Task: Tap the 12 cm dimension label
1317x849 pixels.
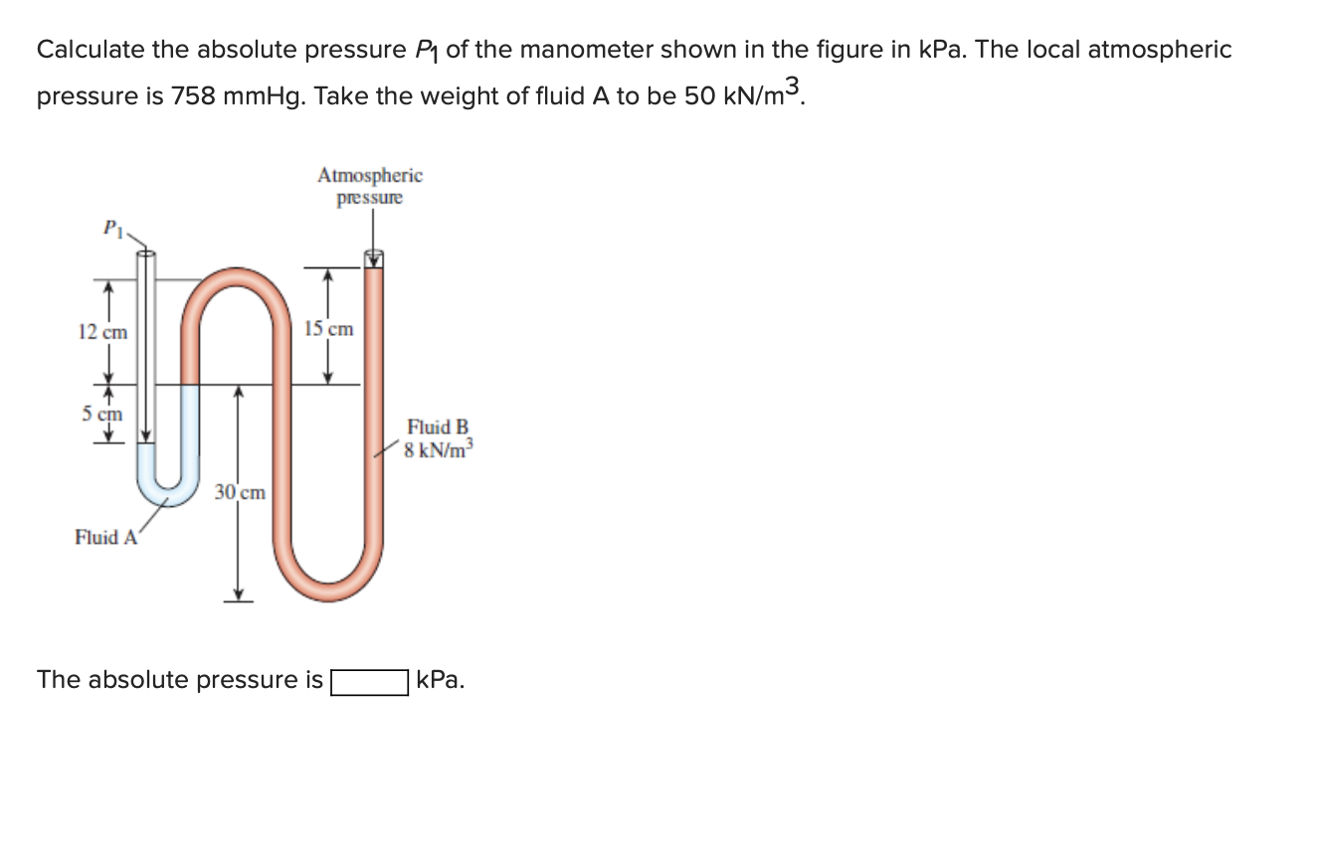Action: point(102,332)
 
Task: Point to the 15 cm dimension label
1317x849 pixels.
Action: point(328,328)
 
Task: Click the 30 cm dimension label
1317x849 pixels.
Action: point(241,492)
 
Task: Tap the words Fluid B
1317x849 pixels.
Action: point(438,427)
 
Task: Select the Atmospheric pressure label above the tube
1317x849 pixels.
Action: point(370,186)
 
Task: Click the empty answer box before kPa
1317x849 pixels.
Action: point(369,682)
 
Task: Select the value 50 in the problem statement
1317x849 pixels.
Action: point(698,96)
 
